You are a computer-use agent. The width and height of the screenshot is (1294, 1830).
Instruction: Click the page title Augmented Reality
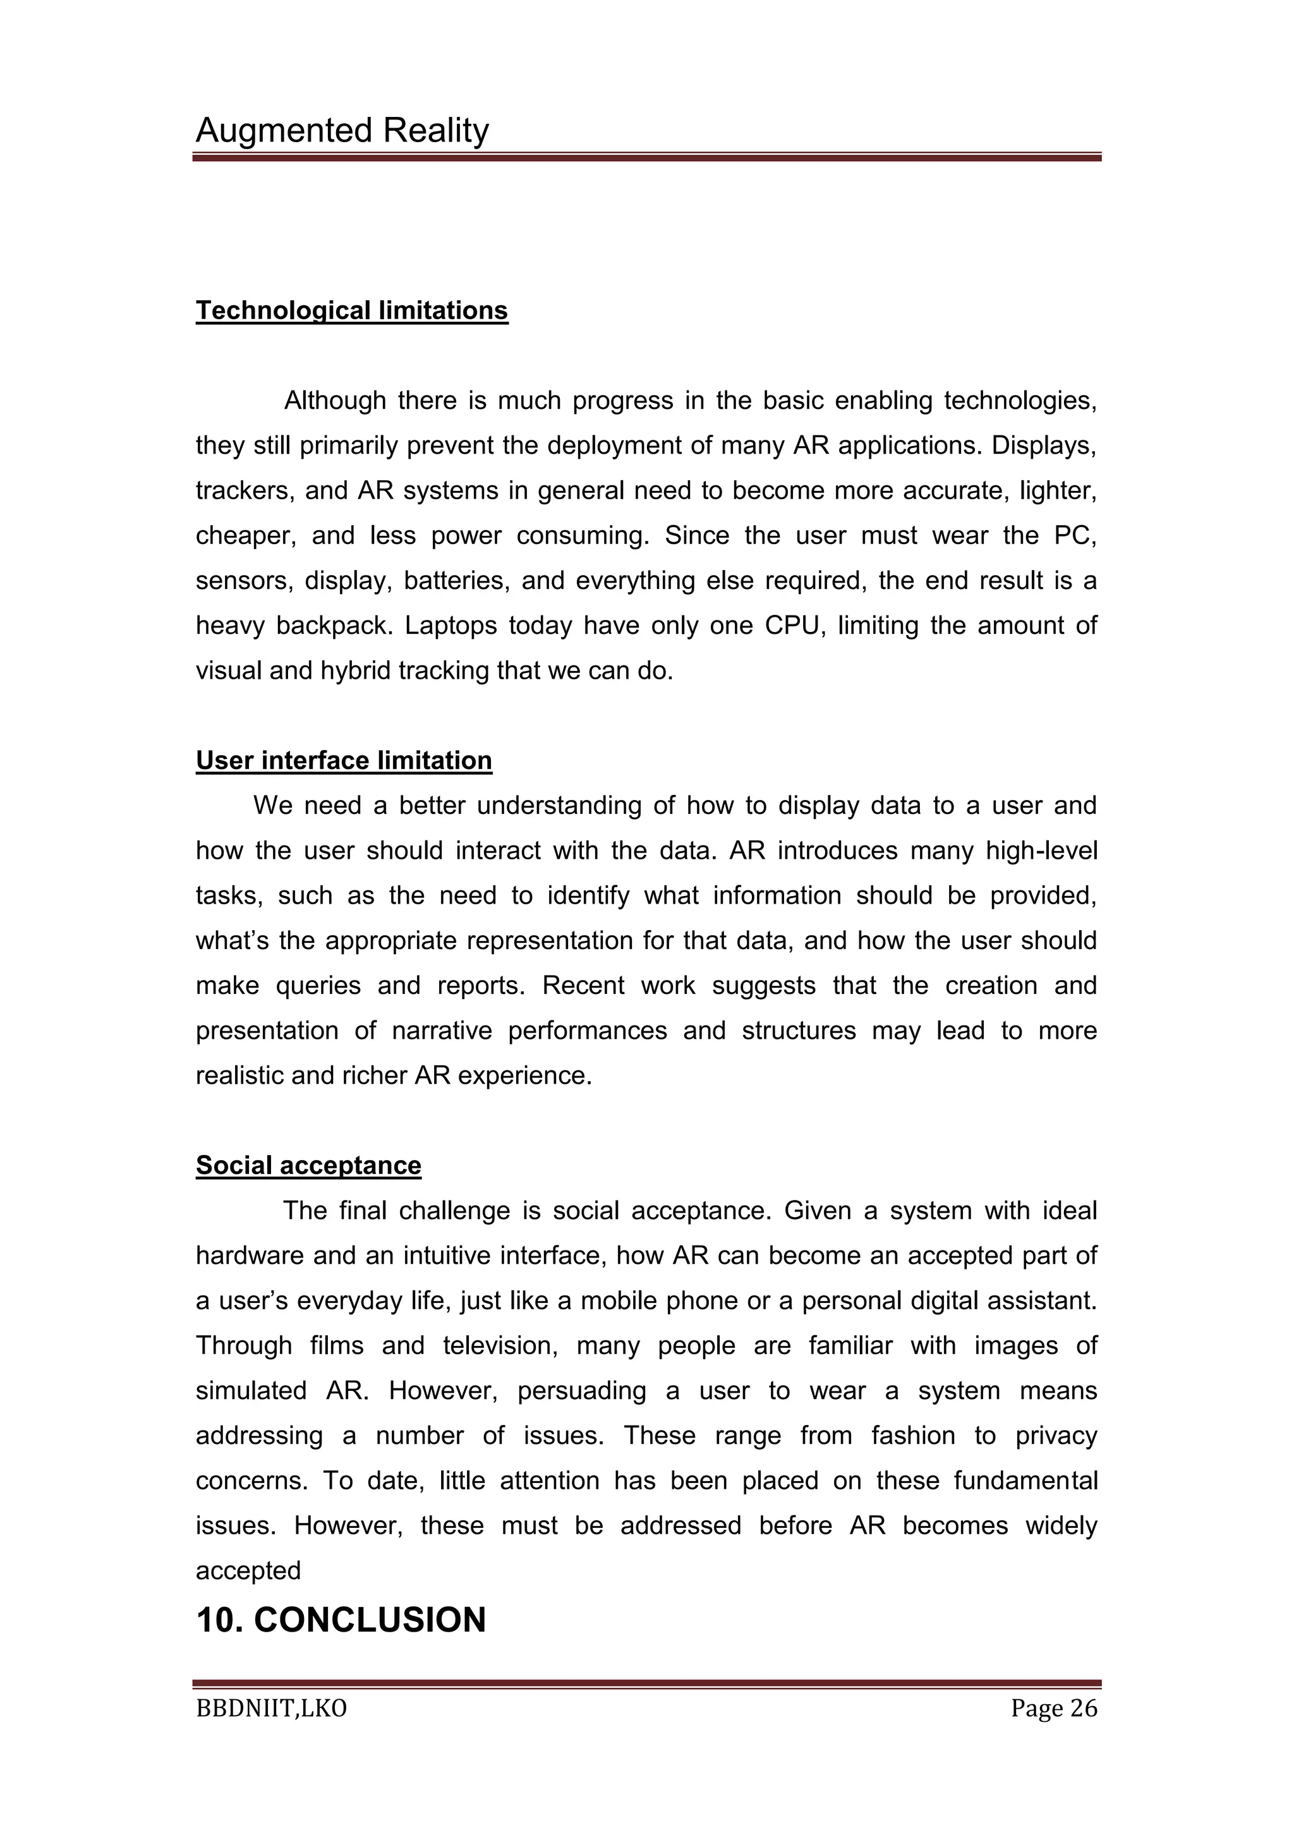pyautogui.click(x=342, y=131)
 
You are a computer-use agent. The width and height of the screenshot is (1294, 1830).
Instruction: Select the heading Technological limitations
pyautogui.click(x=351, y=310)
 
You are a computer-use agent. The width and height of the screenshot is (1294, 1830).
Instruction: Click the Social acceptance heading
pyautogui.click(x=308, y=1165)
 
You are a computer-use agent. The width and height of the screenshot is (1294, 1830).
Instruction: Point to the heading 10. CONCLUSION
pyautogui.click(x=341, y=1620)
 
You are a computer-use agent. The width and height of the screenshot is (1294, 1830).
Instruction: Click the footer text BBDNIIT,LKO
pyautogui.click(x=271, y=1709)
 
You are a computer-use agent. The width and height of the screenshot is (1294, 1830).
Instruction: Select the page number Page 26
pyautogui.click(x=1053, y=1709)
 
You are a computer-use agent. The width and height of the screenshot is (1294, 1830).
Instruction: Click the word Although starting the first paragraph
pyautogui.click(x=335, y=400)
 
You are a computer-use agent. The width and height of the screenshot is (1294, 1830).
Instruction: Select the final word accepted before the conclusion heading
pyautogui.click(x=248, y=1571)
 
